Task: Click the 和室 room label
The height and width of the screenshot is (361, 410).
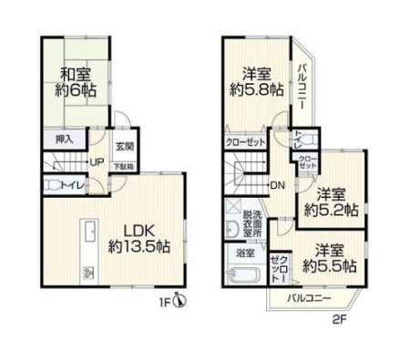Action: [76, 75]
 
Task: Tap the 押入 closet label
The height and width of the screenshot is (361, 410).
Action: [65, 139]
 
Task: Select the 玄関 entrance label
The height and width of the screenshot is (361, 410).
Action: [125, 147]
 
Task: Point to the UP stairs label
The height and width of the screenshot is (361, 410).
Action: [97, 161]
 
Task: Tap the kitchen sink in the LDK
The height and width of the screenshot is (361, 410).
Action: [89, 232]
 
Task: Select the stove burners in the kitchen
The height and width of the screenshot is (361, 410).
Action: [88, 273]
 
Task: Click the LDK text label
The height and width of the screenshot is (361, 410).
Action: [139, 232]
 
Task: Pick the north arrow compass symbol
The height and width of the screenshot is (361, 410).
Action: [179, 301]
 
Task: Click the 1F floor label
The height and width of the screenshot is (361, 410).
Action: [166, 303]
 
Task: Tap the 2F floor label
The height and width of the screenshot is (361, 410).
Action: [340, 320]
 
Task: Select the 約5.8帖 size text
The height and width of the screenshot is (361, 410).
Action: [257, 89]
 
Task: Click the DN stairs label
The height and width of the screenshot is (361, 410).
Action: [277, 185]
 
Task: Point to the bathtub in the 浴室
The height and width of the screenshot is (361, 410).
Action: [243, 275]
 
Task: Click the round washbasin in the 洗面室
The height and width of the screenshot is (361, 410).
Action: [233, 229]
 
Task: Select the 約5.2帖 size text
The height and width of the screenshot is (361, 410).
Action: [331, 210]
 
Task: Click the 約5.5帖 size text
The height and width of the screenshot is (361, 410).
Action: [330, 266]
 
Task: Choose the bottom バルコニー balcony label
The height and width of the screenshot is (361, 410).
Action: [309, 298]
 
